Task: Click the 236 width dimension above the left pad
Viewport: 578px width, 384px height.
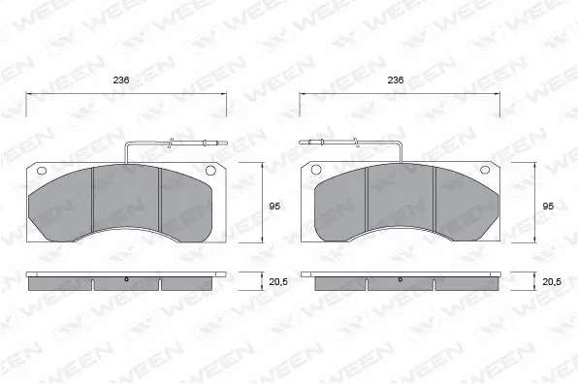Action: point(122,80)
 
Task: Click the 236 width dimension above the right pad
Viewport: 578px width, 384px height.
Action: point(395,80)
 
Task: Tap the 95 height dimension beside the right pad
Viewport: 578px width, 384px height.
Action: point(548,206)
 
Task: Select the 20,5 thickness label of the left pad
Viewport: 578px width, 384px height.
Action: point(278,281)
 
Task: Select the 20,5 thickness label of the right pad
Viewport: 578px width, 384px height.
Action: point(551,281)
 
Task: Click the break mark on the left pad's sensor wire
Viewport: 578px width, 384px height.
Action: point(172,145)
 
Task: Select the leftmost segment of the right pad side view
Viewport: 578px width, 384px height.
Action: point(338,284)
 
